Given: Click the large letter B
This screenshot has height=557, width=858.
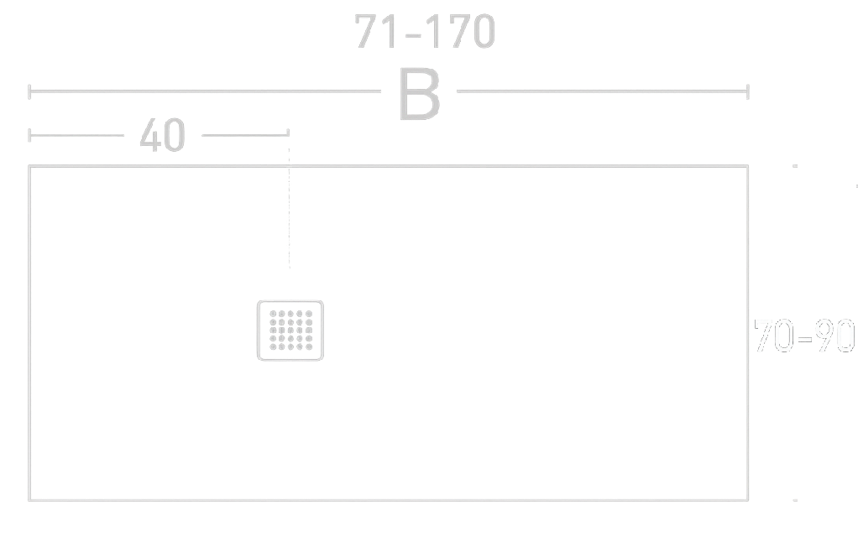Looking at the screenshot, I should [419, 95].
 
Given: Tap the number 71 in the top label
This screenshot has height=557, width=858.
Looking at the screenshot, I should [374, 32].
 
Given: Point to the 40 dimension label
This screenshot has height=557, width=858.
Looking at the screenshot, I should [162, 135].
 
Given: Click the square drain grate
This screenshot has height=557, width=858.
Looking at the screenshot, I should [290, 330].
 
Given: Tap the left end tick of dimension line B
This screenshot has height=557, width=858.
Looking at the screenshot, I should [29, 91].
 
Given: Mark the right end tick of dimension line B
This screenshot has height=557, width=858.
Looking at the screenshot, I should [747, 91].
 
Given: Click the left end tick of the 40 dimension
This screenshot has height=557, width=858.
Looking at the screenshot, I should [29, 134].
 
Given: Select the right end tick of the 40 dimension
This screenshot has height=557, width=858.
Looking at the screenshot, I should [289, 134].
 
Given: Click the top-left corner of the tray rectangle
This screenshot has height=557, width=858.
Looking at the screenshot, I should [30, 166].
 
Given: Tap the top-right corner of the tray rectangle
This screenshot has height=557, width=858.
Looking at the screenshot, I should [747, 166].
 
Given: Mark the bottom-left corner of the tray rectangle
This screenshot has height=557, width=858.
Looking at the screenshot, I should [30, 500].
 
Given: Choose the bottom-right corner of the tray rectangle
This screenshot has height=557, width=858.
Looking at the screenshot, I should [747, 500].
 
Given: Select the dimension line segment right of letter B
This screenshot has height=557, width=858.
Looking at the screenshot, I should [600, 91].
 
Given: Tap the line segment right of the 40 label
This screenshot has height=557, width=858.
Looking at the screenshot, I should [243, 133].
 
